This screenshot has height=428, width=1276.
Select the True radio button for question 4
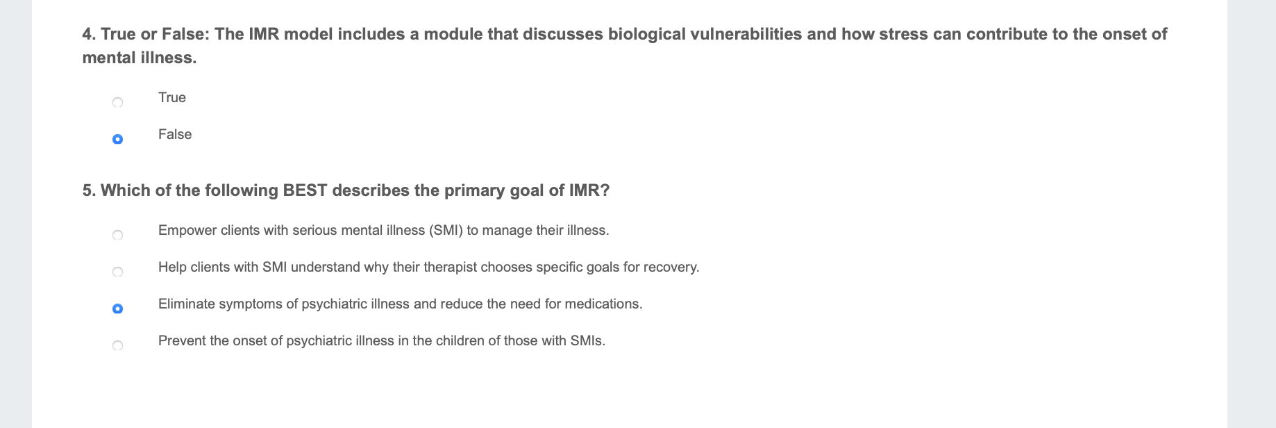tap(117, 103)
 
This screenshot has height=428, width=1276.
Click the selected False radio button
tap(117, 140)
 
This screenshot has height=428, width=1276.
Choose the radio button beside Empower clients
tap(117, 236)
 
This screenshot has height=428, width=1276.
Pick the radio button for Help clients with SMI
tap(117, 272)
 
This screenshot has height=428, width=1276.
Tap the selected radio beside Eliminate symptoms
tap(117, 309)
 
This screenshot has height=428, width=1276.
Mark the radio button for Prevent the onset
tap(117, 346)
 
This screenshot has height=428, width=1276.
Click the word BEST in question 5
tap(305, 190)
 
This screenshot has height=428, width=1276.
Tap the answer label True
tap(171, 97)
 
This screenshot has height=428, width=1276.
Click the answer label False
tap(174, 134)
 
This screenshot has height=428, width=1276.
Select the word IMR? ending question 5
tap(589, 190)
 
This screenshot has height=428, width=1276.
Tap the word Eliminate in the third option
tap(186, 304)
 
